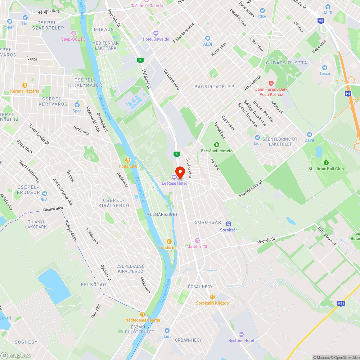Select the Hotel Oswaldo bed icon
pos(156,33)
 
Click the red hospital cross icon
pos(271,84)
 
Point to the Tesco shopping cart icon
pos(324,67)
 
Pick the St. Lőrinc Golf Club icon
pos(326,163)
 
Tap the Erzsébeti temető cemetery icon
pos(217,145)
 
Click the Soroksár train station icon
pos(228,224)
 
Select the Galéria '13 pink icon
pos(197,240)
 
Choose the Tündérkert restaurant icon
pos(169,242)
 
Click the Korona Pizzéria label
pos(25,91)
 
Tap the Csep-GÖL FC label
pos(73,39)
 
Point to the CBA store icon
pos(262,10)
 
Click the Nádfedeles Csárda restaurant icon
pos(143,314)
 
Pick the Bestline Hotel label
pos(241,341)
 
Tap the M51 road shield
pos(341,303)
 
